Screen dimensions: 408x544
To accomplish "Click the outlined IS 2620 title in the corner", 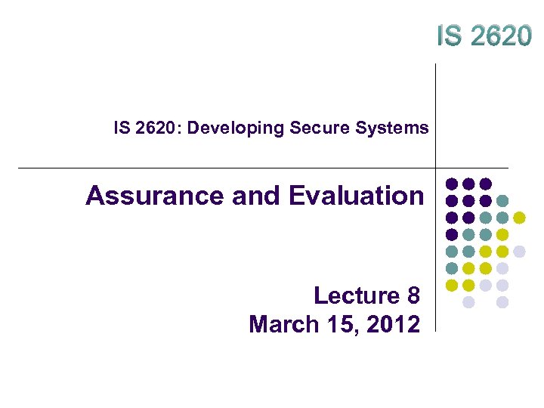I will (483, 35).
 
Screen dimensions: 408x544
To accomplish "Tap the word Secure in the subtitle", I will (311, 128).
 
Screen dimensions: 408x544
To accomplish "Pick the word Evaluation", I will (356, 196).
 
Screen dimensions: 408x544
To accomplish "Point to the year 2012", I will (392, 324).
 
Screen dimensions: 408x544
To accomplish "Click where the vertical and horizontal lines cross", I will (437, 168).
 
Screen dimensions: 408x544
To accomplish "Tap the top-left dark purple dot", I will (452, 184).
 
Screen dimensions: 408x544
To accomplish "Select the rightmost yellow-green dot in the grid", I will (519, 218).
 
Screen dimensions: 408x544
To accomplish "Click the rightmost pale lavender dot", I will (519, 251).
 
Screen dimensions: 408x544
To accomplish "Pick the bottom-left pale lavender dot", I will (468, 302).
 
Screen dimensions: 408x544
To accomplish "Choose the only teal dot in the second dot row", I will (502, 201).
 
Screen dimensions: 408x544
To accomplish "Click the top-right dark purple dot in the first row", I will (486, 184).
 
